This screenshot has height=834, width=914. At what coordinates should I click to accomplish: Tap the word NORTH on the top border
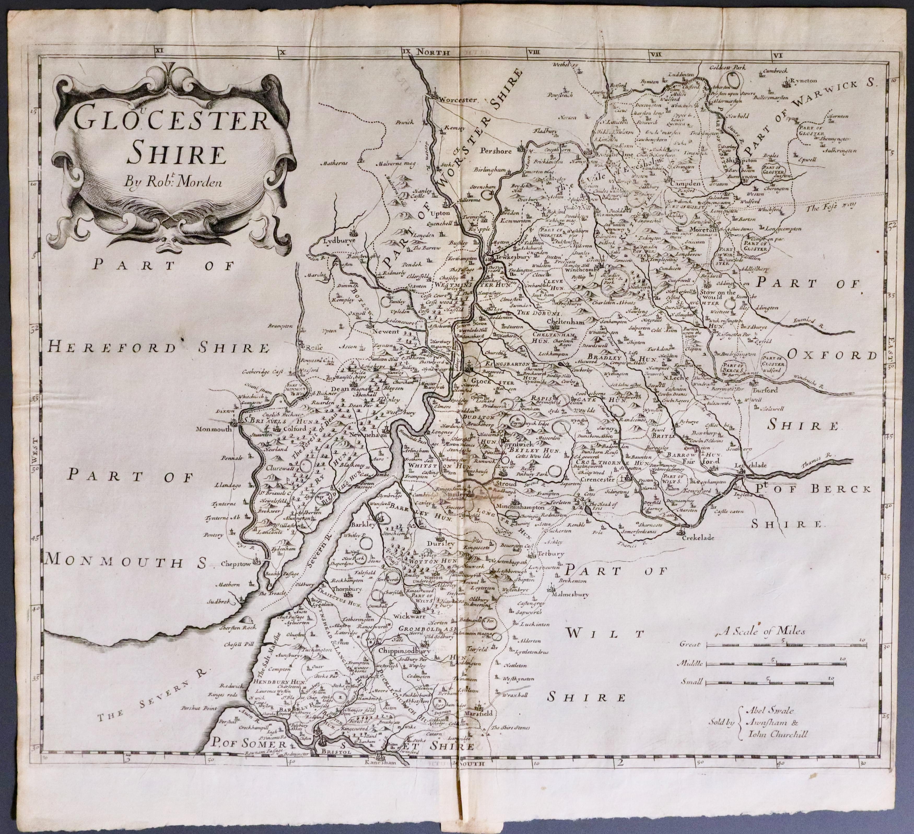coord(433,52)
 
